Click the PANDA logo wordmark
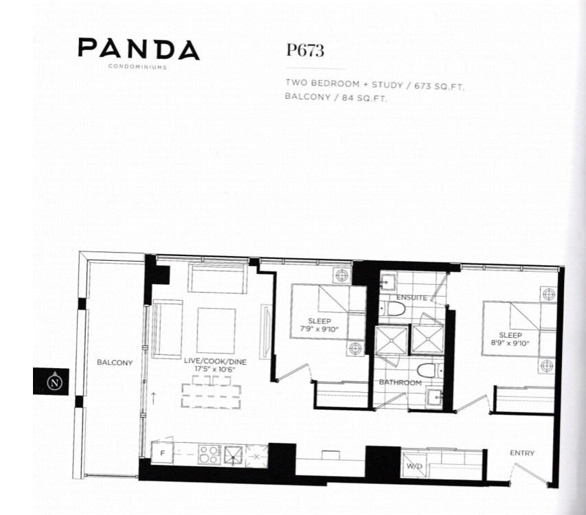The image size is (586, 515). coord(138,49)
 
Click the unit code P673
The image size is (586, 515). coord(305,50)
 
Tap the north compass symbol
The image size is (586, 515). coord(52,381)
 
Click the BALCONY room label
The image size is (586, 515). coord(114,362)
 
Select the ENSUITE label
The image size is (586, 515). coord(412,297)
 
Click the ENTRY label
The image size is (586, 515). coord(522,453)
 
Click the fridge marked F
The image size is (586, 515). coord(161,453)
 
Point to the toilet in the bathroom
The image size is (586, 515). coord(427,370)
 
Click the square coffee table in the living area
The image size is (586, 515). coord(216,330)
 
